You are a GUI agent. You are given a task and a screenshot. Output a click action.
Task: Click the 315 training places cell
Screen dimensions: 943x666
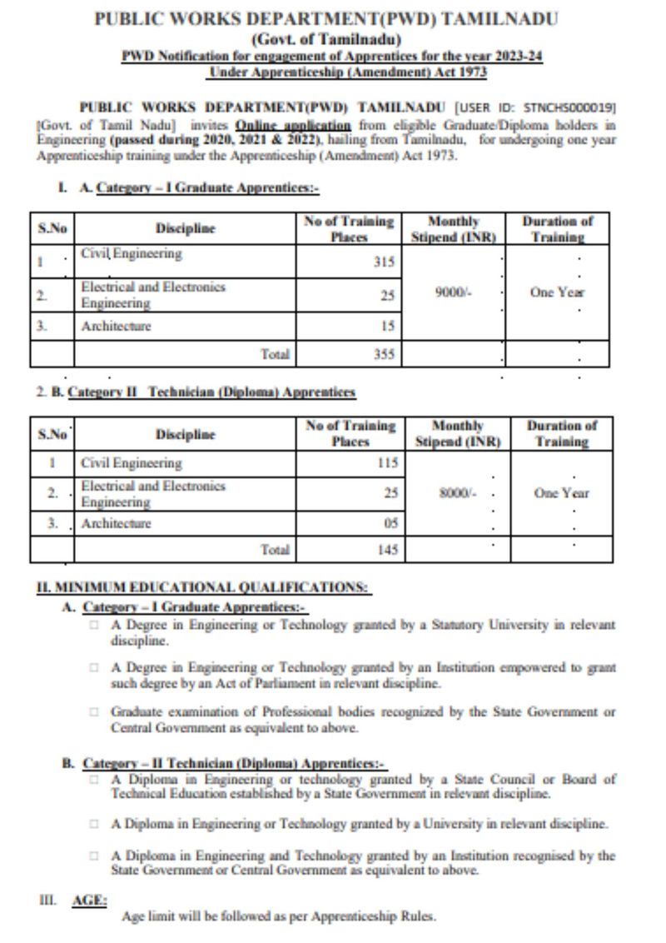point(383,262)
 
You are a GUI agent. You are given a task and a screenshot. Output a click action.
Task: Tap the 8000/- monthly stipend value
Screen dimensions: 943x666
point(457,493)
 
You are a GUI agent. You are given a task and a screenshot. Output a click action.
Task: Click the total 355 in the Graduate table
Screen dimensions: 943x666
point(384,354)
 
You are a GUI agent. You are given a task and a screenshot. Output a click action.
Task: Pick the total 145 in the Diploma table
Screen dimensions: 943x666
point(385,550)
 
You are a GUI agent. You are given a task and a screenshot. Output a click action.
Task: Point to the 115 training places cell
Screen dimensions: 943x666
point(386,462)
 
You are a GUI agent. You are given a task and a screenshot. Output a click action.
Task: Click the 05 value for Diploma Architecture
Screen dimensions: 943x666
point(390,524)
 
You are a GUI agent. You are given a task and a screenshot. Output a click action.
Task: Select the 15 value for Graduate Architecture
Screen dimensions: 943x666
point(387,327)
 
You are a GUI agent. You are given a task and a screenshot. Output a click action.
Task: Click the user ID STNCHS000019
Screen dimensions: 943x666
point(574,108)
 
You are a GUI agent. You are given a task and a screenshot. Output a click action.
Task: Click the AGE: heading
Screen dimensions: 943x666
point(90,901)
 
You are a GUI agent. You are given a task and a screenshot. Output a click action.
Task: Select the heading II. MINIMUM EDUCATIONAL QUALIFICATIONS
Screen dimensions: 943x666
point(203,587)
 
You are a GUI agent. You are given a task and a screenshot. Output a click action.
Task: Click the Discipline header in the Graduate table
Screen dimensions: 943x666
point(185,228)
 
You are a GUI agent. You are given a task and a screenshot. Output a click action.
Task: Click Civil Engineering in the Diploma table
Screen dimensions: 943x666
point(131,463)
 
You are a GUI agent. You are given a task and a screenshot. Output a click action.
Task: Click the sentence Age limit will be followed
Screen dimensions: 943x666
point(278,917)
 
